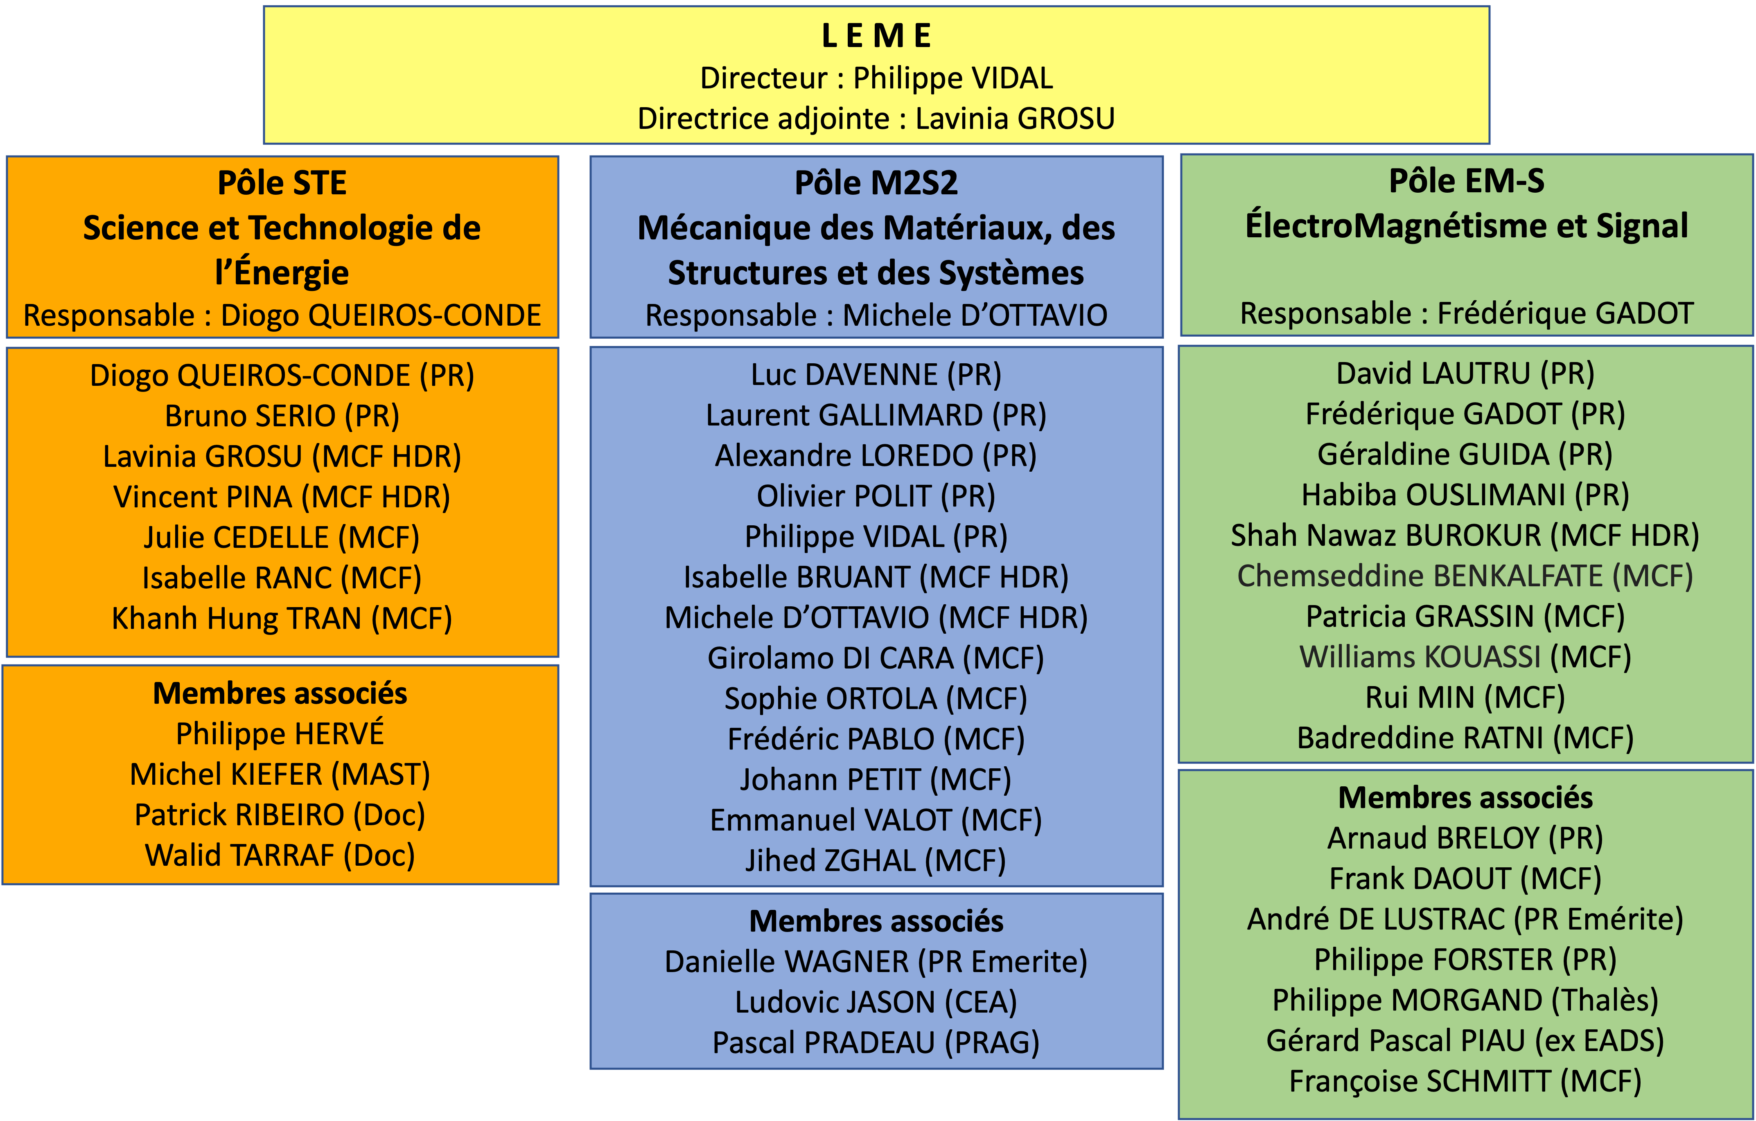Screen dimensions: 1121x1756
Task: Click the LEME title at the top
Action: pos(876,36)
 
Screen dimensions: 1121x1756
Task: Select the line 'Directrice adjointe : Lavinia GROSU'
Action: pos(876,119)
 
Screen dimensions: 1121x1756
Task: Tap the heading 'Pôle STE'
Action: pos(282,183)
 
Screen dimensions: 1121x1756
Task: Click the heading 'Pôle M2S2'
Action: pos(876,183)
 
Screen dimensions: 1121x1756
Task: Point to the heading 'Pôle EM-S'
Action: pos(1467,182)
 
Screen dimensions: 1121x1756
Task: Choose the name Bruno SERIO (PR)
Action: pos(282,416)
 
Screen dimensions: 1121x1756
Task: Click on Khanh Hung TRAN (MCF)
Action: pos(282,619)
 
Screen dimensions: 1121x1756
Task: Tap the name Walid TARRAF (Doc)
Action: pos(280,856)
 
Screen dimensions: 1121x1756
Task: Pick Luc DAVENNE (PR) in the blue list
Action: pos(876,375)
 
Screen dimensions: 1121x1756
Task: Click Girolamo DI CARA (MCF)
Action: pos(876,658)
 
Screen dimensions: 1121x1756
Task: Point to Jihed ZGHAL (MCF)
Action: pos(876,861)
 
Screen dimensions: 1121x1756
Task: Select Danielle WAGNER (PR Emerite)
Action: pos(876,962)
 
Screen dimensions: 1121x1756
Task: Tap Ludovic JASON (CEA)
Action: pos(876,1003)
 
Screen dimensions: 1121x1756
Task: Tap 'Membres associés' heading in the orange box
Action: pos(280,693)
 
